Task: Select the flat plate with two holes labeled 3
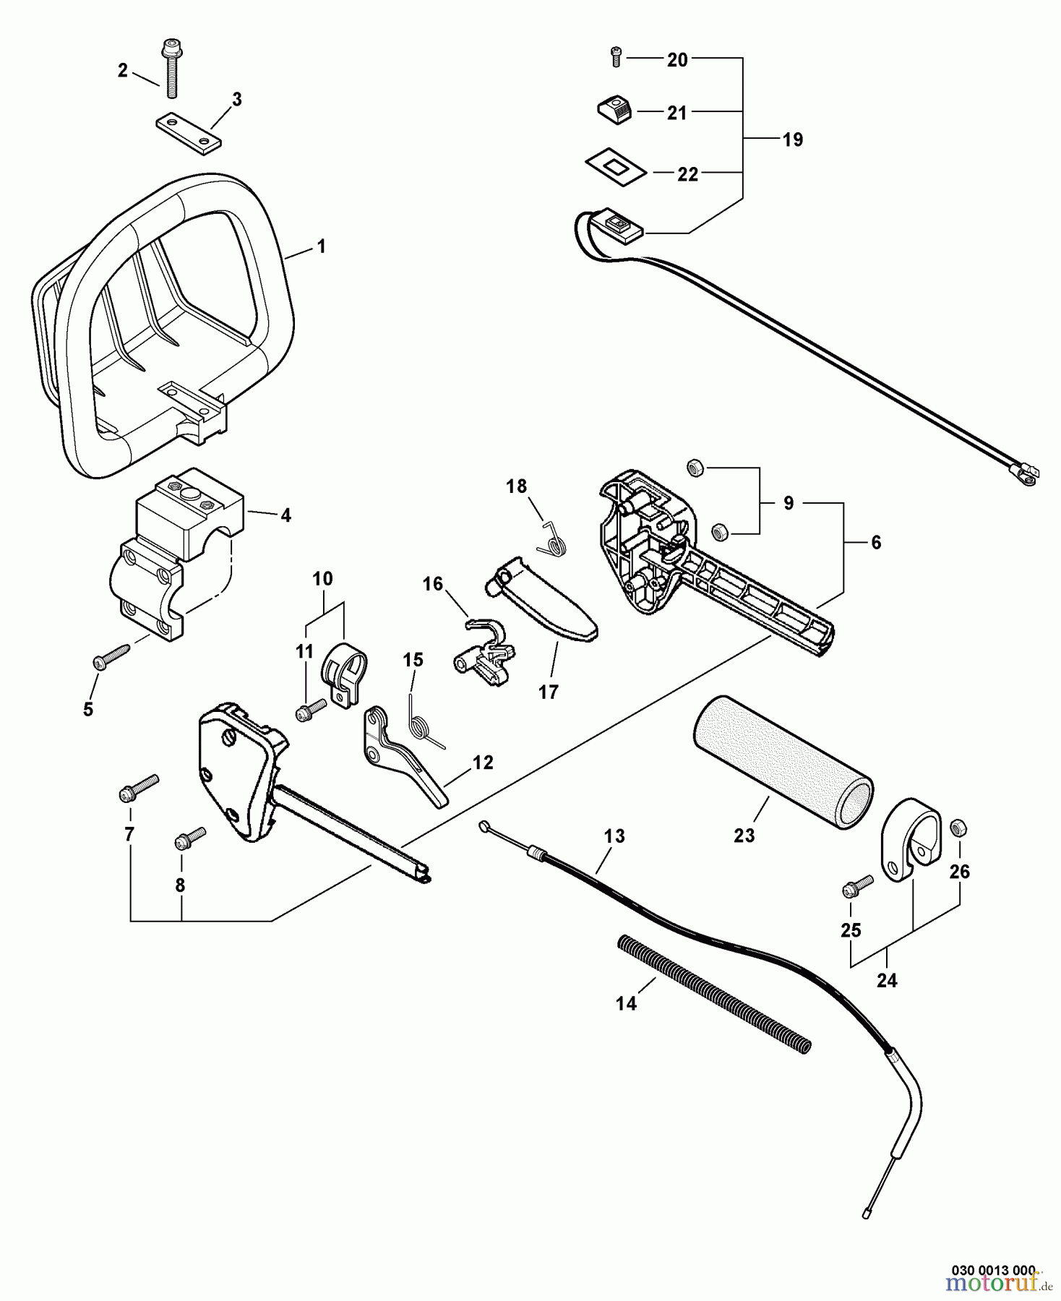(x=187, y=132)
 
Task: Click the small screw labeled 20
(x=616, y=56)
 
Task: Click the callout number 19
(x=793, y=139)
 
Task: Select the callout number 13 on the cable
(x=614, y=836)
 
